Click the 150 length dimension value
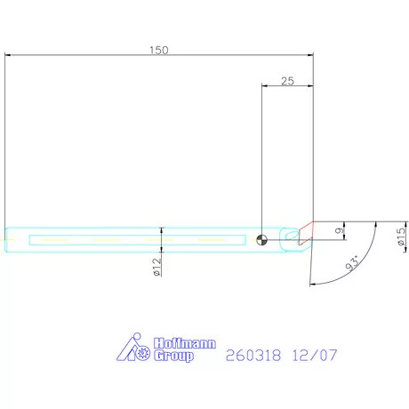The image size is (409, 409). [159, 50]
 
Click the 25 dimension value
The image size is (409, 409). [287, 81]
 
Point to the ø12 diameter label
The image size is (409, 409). [156, 267]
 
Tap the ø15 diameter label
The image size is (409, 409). [401, 237]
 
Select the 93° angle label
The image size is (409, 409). [353, 262]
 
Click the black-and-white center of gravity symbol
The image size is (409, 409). [261, 240]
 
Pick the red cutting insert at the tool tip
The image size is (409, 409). [306, 233]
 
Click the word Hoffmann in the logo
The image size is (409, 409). [185, 343]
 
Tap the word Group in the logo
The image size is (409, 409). [173, 356]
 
